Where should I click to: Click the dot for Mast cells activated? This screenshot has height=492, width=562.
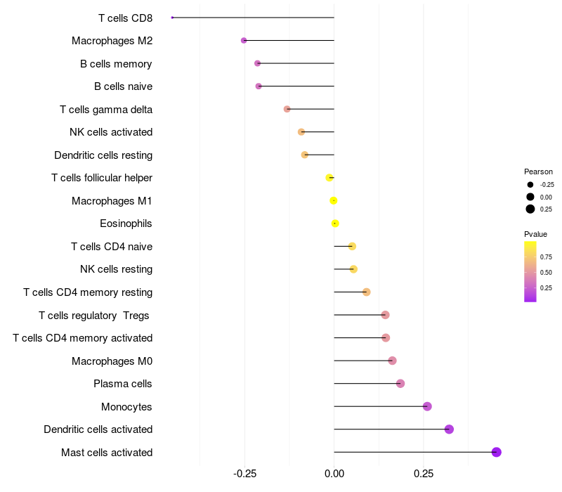(x=496, y=452)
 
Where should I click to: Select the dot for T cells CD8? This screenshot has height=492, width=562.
(x=172, y=18)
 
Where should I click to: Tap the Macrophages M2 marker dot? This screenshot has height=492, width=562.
(x=244, y=41)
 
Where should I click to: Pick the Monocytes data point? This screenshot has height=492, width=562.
(x=427, y=406)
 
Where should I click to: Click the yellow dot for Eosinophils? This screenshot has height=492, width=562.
(x=335, y=224)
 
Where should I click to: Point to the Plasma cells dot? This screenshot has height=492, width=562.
(x=400, y=384)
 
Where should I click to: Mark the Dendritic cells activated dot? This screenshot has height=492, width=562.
(x=449, y=429)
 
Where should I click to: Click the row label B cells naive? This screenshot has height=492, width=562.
(x=123, y=86)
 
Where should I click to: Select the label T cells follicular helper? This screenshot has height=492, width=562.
(x=102, y=178)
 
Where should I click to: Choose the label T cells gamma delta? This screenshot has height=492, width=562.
(x=106, y=110)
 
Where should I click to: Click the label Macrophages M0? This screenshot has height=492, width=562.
(x=112, y=361)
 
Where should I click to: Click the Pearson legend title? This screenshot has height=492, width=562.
(x=538, y=171)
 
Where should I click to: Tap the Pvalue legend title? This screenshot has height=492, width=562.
(x=535, y=234)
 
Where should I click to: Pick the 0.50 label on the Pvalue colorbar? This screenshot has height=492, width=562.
(x=546, y=272)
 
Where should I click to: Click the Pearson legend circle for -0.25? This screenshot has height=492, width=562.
(x=530, y=185)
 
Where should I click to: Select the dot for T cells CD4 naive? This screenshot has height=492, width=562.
(x=352, y=246)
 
